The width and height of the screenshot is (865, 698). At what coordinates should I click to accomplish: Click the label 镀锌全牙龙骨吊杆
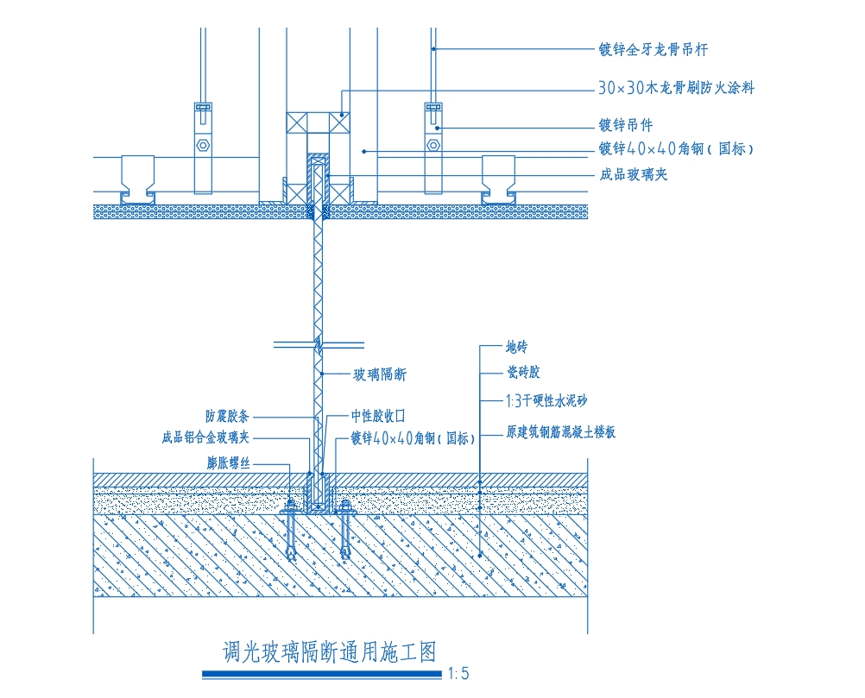(653, 51)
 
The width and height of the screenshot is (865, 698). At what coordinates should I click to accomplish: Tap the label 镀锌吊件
(626, 125)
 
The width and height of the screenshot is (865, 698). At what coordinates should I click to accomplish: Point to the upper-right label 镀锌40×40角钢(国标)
(676, 149)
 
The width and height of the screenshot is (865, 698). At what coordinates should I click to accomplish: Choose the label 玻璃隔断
(380, 375)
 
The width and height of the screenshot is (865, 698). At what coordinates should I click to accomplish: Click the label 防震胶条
(227, 416)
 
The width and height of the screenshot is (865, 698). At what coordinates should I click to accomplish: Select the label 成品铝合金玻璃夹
(205, 438)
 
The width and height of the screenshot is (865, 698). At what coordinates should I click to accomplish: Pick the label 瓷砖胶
(523, 374)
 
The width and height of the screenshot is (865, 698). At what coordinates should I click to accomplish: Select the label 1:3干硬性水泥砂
(551, 401)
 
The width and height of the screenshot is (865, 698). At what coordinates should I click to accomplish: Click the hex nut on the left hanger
(202, 144)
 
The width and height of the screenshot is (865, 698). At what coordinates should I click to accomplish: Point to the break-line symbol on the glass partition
(319, 345)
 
